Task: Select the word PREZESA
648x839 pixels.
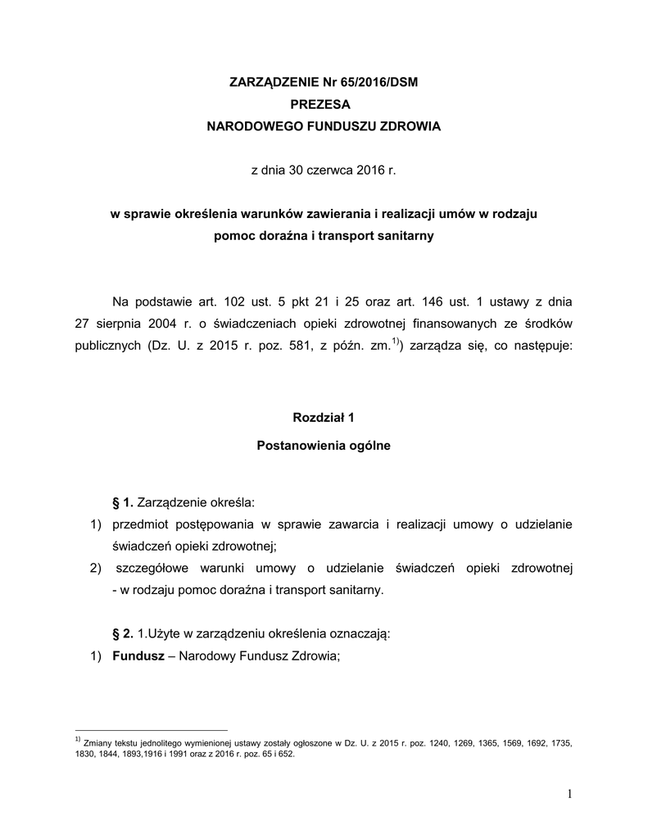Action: click(324, 104)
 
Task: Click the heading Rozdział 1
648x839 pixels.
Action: click(324, 418)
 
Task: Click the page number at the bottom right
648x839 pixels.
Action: click(569, 793)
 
